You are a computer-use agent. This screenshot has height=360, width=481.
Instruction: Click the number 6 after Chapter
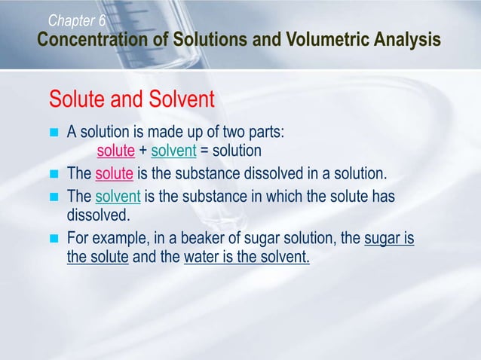[101, 19]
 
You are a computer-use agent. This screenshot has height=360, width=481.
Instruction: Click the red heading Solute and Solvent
[132, 99]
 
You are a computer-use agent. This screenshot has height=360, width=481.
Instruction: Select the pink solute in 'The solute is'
[115, 175]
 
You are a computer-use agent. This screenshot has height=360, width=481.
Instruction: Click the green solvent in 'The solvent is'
[118, 197]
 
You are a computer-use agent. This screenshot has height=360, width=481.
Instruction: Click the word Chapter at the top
[71, 19]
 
